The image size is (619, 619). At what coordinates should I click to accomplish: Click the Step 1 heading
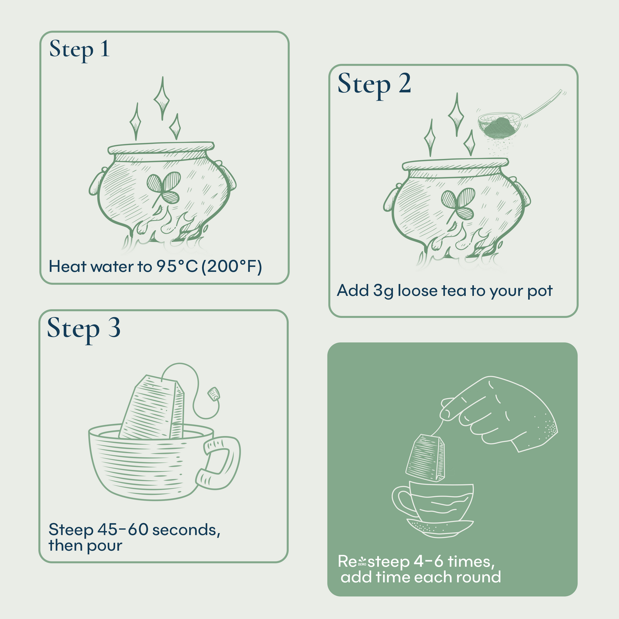[x=79, y=50]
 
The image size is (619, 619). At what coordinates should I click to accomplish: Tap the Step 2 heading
[x=374, y=84]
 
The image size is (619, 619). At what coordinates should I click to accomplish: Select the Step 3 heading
[x=83, y=329]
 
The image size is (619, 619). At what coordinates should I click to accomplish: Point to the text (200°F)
[x=232, y=267]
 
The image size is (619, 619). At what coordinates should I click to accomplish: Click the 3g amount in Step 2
[x=383, y=291]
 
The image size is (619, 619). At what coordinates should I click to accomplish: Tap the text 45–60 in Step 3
[x=123, y=529]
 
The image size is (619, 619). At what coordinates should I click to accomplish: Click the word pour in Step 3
[x=105, y=546]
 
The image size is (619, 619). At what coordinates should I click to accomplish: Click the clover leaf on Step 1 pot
[x=164, y=188]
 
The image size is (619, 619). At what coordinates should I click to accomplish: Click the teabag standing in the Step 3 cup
[x=154, y=409]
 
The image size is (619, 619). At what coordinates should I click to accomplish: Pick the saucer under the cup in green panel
[x=440, y=528]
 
